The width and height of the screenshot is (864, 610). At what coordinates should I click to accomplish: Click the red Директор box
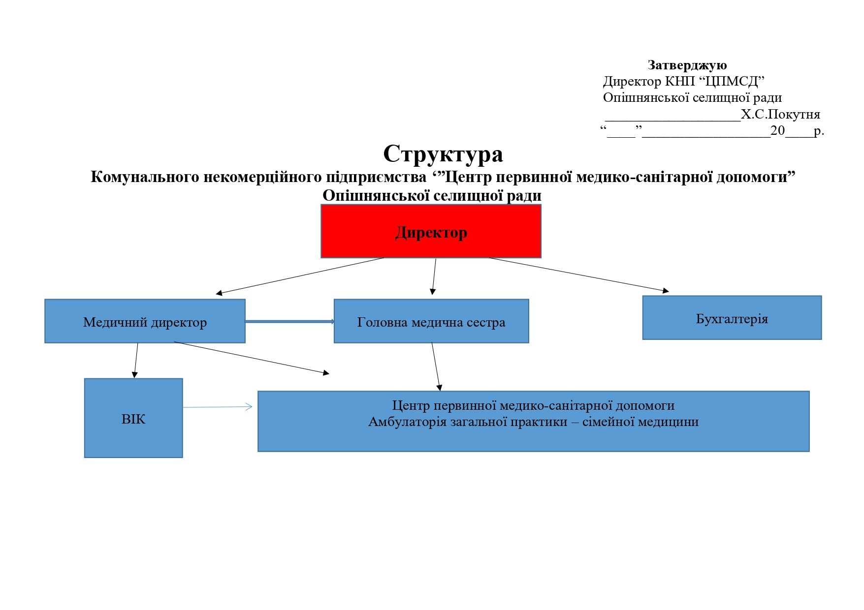click(x=431, y=231)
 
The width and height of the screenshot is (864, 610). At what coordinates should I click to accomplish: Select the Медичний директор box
click(x=145, y=321)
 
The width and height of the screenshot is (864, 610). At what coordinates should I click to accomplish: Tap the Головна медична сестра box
click(x=431, y=321)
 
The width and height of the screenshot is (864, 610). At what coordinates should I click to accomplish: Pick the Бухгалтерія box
click(x=732, y=318)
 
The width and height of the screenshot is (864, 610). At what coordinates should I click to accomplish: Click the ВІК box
click(x=133, y=418)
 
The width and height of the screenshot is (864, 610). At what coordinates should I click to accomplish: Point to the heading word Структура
click(x=443, y=153)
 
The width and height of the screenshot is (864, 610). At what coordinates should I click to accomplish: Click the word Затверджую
click(x=687, y=65)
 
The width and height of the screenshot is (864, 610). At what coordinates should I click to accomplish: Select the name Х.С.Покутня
click(x=780, y=114)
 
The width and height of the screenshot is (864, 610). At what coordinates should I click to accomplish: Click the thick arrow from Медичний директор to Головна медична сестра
click(x=289, y=321)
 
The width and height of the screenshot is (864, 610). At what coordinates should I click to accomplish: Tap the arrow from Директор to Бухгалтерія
click(x=578, y=274)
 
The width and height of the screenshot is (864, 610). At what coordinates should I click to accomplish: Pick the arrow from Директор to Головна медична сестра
click(x=434, y=276)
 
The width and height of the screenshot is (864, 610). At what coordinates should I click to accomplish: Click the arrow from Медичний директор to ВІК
click(x=136, y=360)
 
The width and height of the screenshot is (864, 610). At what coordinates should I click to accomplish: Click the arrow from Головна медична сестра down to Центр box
click(x=436, y=366)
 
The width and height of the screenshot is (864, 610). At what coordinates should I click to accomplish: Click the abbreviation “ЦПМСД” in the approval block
click(x=732, y=81)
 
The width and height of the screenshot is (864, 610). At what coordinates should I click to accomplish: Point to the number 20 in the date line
click(x=777, y=130)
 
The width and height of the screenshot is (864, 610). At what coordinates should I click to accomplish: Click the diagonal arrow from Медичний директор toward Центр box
click(x=251, y=358)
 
